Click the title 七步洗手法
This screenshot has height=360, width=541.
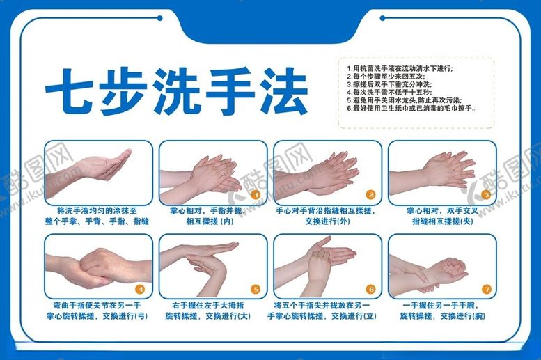pyautogui.click(x=176, y=91)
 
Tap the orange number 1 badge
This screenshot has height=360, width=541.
pyautogui.click(x=256, y=195)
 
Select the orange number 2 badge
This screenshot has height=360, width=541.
pyautogui.click(x=370, y=195)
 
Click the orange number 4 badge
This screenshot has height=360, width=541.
pyautogui.click(x=141, y=288)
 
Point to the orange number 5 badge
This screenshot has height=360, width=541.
pyautogui.click(x=256, y=288)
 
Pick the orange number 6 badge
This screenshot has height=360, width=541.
pyautogui.click(x=370, y=288)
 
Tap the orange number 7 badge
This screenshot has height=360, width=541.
pyautogui.click(x=486, y=288)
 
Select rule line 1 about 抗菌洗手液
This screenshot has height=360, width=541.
pyautogui.click(x=400, y=68)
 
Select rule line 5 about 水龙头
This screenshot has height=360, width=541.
pyautogui.click(x=407, y=100)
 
